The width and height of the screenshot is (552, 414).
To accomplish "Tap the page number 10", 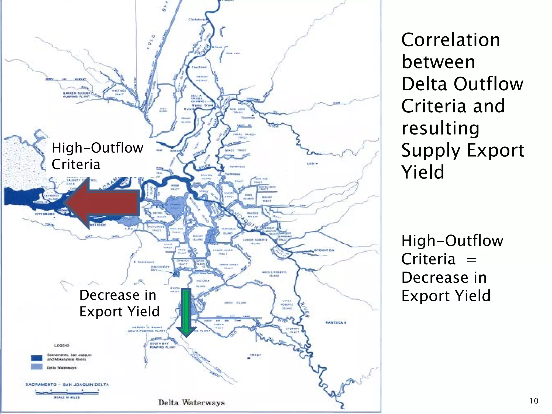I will coord(534,401).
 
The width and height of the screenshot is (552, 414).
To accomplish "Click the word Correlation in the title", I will coord(450,40).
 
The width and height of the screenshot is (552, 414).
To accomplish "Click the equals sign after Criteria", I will coord(471,260).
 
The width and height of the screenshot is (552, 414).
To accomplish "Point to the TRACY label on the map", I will coord(255,355).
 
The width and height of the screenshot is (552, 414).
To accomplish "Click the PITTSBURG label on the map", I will coord(45,214).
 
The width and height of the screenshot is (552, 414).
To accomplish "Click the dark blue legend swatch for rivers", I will coord(37,358).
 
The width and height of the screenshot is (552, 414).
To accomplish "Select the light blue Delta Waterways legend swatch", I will coord(37,367).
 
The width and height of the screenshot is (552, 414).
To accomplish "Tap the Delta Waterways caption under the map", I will coord(191,403).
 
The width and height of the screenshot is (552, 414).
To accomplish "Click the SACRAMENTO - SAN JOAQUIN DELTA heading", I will coord(67,384).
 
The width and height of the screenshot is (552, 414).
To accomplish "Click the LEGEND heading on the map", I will coord(62,345).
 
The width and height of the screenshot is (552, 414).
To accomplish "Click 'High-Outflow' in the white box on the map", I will coord(97,148).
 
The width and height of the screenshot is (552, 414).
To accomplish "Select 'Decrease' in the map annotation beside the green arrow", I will coord(109,295).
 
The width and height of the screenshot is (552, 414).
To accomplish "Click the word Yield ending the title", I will coord(423,172).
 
